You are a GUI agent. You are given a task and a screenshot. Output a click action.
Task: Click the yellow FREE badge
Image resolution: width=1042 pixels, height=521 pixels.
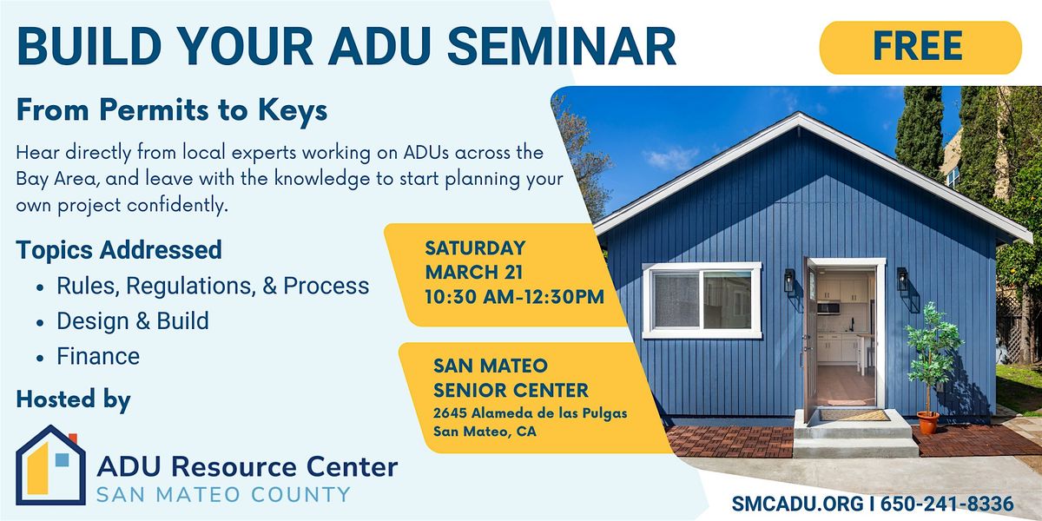point(920,48)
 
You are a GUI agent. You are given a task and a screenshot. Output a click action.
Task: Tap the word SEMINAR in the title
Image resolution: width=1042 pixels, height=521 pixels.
point(562,47)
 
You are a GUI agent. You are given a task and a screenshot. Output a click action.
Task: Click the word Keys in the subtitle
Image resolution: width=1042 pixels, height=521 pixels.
point(293,111)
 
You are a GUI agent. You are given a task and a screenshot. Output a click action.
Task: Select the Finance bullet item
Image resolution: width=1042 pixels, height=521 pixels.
point(97,356)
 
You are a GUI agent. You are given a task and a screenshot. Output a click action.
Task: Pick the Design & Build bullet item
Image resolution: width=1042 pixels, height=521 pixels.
point(133,321)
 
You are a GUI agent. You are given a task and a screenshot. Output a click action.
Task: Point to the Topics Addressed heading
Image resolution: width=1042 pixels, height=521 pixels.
point(119,250)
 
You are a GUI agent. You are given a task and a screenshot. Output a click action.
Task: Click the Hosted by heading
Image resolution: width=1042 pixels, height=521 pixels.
point(74,400)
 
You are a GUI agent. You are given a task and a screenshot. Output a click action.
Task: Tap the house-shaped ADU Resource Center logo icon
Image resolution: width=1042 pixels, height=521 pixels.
point(50,465)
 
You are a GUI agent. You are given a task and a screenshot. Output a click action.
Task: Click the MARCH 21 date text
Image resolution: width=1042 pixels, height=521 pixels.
point(473,272)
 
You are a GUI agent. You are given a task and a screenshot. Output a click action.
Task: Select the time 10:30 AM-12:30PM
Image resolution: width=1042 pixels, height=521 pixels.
point(514,297)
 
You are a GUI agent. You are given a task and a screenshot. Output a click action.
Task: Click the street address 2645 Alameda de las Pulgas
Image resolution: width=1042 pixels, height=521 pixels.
point(531,413)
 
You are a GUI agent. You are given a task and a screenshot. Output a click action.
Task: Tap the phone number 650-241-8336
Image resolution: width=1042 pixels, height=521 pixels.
point(946,504)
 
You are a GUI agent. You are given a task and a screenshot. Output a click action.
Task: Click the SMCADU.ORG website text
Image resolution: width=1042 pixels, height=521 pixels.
point(797,504)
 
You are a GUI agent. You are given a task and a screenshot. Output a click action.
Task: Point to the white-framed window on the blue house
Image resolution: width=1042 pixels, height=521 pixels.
point(702,300)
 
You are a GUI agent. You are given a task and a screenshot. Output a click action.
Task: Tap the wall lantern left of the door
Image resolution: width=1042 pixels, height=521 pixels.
point(789,280)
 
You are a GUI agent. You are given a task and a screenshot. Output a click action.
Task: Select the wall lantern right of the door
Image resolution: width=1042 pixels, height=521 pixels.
point(902,279)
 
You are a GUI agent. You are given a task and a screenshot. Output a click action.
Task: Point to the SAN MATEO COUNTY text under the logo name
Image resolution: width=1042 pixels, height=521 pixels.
point(223,494)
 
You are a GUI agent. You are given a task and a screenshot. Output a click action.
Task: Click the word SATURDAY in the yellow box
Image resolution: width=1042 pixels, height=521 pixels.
point(475,248)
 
